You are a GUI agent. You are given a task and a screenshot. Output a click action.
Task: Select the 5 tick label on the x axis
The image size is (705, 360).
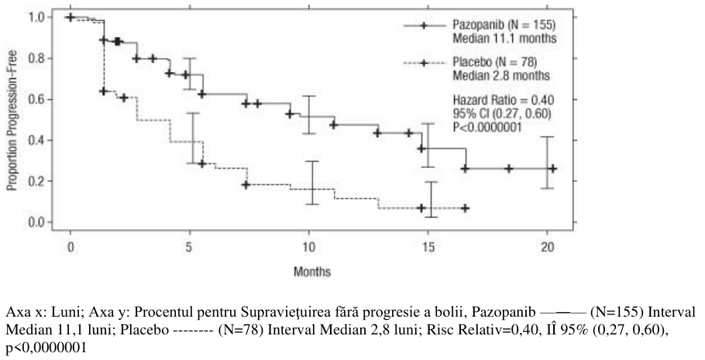pyautogui.click(x=189, y=248)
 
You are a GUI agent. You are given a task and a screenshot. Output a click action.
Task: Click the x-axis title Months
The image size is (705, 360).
pyautogui.click(x=312, y=272)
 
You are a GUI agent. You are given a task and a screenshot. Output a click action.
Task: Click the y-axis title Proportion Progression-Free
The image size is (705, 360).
pyautogui.click(x=12, y=120)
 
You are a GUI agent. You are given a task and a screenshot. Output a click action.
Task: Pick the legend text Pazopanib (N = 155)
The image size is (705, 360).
pyautogui.click(x=504, y=24)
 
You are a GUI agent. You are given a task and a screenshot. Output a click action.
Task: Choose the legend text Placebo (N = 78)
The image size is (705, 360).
pyautogui.click(x=494, y=62)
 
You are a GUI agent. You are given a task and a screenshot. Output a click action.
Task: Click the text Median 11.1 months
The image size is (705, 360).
pyautogui.click(x=504, y=39)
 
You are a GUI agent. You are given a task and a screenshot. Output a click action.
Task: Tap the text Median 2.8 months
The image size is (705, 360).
pyautogui.click(x=501, y=76)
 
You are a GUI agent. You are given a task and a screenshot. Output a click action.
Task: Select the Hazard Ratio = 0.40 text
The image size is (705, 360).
pyautogui.click(x=503, y=100)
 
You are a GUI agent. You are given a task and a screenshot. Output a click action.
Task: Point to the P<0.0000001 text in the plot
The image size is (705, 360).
pyautogui.click(x=487, y=128)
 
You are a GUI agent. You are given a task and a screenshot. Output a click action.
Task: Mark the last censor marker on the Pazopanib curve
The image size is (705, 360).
pyautogui.click(x=552, y=169)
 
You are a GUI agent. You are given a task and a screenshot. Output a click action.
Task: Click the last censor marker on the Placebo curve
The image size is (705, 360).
pyautogui.click(x=466, y=208)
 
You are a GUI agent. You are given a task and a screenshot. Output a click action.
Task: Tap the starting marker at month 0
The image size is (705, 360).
pyautogui.click(x=70, y=17)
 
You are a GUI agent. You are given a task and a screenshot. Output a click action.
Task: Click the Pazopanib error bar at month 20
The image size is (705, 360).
pyautogui.click(x=547, y=163)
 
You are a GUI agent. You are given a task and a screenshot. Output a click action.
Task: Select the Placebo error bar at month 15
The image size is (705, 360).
pyautogui.click(x=432, y=200)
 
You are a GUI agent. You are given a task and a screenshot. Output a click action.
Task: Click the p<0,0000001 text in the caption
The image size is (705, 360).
pyautogui.click(x=45, y=348)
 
